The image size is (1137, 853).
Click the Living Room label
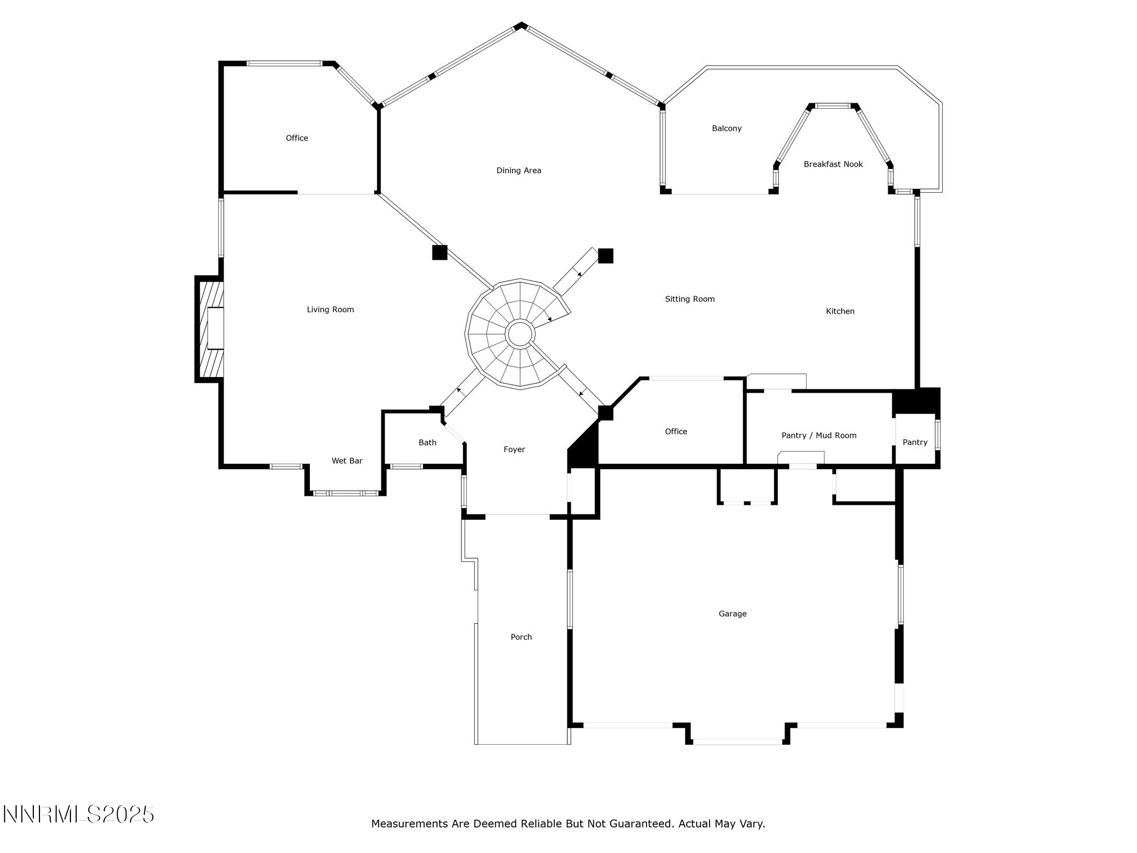[330, 310]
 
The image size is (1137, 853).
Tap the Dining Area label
[519, 170]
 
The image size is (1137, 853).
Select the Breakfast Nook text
[833, 164]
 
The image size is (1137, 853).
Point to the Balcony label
[726, 128]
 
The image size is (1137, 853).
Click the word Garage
[732, 614]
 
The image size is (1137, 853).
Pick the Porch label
[521, 637]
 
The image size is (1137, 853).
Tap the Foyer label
[514, 449]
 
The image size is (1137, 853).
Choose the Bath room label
[427, 443]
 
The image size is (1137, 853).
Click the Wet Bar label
[347, 461]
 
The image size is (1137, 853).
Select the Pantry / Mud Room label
[818, 435]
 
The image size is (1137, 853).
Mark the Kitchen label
[840, 312]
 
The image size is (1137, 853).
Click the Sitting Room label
[690, 299]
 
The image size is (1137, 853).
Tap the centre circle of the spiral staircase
[520, 334]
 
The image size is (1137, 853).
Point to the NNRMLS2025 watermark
[78, 815]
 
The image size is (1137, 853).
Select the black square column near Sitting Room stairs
[605, 255]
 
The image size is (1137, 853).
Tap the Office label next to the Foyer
[676, 431]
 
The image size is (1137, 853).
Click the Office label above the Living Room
[296, 138]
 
